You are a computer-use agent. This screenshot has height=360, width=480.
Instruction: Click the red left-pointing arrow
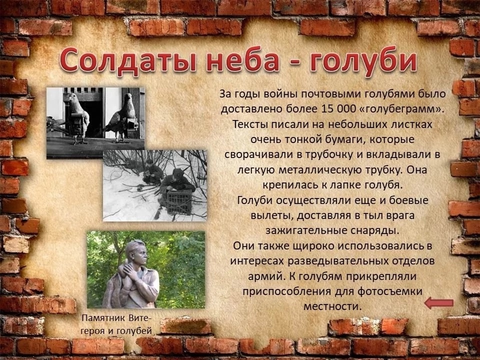[438, 303]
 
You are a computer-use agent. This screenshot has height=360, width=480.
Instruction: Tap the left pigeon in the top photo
[76, 118]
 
